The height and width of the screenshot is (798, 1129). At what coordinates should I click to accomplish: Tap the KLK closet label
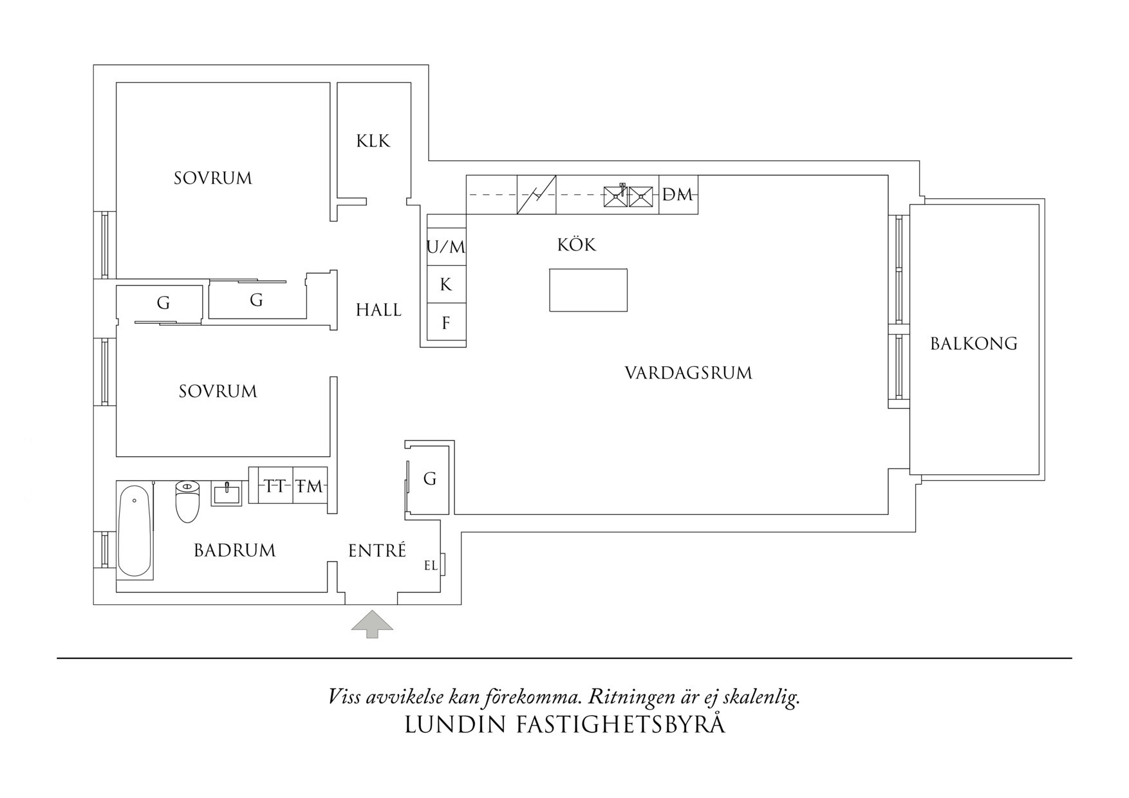coord(373,141)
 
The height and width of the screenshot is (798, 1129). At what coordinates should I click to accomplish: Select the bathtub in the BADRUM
coord(135,531)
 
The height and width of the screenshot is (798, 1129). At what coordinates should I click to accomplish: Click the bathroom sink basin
coord(227,494)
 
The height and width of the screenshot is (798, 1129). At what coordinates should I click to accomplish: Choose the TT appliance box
coord(275,487)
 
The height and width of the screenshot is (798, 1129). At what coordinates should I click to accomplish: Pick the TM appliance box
coord(310,487)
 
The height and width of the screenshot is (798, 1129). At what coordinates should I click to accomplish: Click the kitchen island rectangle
coord(588,290)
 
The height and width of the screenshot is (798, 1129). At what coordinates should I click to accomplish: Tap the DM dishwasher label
coord(678,194)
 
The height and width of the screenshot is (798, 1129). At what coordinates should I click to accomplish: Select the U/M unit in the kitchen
coord(446,246)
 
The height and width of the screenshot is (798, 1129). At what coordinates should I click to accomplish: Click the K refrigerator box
coord(446,284)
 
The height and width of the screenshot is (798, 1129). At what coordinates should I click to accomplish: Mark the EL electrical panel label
coord(431,566)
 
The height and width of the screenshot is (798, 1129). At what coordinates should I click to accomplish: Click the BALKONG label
coord(973,344)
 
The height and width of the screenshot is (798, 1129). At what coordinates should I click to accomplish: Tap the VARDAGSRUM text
coord(688,373)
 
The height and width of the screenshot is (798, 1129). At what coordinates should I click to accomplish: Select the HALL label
coord(378,310)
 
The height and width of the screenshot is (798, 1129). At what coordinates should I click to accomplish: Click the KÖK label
coord(577,245)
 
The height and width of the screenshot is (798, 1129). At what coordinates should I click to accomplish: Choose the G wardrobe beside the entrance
coord(430,479)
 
